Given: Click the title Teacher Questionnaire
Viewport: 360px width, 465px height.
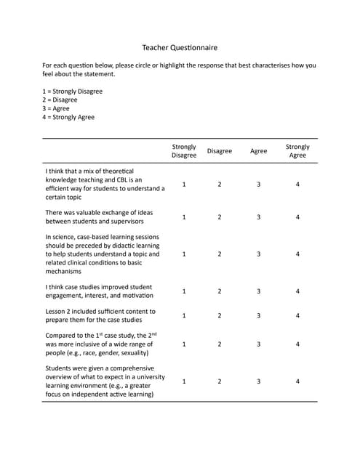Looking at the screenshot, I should point(180,47).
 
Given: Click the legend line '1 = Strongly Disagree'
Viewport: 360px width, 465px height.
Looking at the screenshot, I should point(73,92).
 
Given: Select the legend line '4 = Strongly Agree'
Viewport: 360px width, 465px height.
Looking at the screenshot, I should point(68,117).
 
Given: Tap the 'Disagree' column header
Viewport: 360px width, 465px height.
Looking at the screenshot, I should point(220,151).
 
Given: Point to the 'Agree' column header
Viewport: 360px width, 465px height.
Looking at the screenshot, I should point(258,151).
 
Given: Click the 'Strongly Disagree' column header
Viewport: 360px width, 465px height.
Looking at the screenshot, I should point(184,151).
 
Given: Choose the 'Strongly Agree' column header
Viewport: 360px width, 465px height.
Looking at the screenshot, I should point(297,151).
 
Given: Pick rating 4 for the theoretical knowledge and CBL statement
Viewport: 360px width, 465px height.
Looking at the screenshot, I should point(297,185).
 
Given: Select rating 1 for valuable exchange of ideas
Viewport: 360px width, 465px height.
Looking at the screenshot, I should point(184,217).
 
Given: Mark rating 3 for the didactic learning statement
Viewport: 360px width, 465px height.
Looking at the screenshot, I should point(258,254).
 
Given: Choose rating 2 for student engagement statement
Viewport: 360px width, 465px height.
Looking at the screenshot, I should point(220,291).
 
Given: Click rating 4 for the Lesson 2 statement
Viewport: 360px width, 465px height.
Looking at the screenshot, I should point(297,316).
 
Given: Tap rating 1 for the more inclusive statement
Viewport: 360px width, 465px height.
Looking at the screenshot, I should point(184,344).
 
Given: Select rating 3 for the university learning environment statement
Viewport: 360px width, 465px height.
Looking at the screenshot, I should point(258,381).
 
